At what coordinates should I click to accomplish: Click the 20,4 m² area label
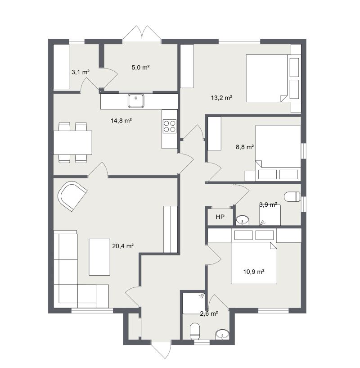(123, 246)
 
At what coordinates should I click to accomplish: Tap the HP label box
(220, 217)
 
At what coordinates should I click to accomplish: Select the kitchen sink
(135, 101)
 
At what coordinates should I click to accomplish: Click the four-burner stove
(170, 126)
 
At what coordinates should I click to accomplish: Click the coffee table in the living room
(99, 257)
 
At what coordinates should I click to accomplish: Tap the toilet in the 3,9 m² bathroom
(291, 196)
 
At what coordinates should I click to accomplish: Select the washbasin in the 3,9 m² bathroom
(242, 220)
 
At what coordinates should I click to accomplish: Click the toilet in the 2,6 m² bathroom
(195, 331)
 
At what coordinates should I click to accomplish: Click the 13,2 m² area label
(221, 97)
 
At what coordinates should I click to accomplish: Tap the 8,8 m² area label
(245, 147)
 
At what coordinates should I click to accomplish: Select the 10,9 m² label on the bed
(253, 271)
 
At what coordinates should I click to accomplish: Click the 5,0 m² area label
(140, 68)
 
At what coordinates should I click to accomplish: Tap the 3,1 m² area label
(80, 72)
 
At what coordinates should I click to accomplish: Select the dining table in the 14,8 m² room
(72, 142)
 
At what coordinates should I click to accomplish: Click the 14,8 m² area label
(121, 120)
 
